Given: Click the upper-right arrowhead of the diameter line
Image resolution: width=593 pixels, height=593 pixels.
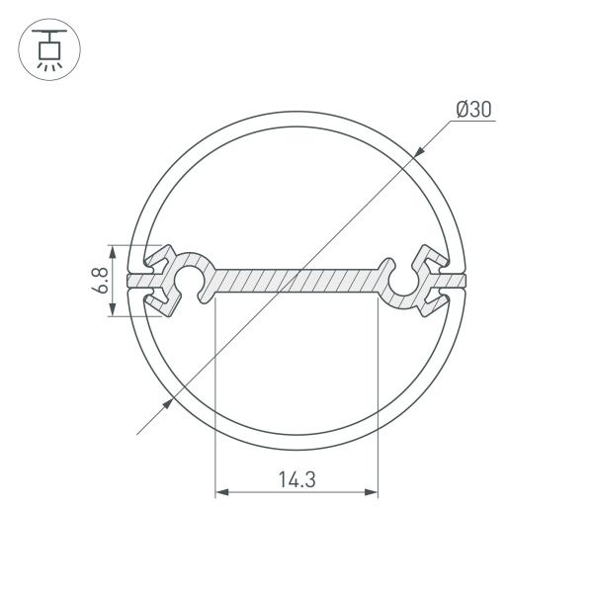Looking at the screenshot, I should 420,150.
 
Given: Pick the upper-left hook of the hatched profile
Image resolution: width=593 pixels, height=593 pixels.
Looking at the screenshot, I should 159,260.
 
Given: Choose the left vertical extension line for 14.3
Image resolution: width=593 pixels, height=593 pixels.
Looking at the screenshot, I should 214,395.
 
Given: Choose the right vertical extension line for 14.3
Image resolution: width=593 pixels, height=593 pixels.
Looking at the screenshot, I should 379,395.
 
